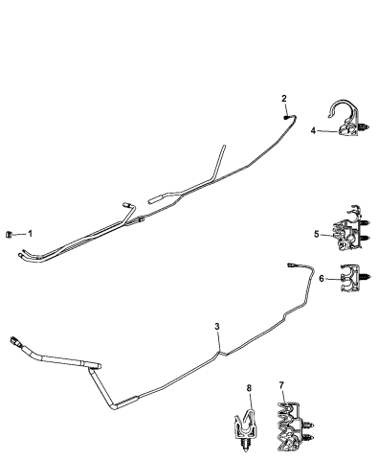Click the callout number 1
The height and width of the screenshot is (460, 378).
31,233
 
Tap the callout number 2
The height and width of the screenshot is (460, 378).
284,98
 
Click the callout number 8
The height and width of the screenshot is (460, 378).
249,388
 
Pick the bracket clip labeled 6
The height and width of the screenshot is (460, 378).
351,279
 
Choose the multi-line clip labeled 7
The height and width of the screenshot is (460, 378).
290,424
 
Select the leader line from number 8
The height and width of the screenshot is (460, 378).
249,401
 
